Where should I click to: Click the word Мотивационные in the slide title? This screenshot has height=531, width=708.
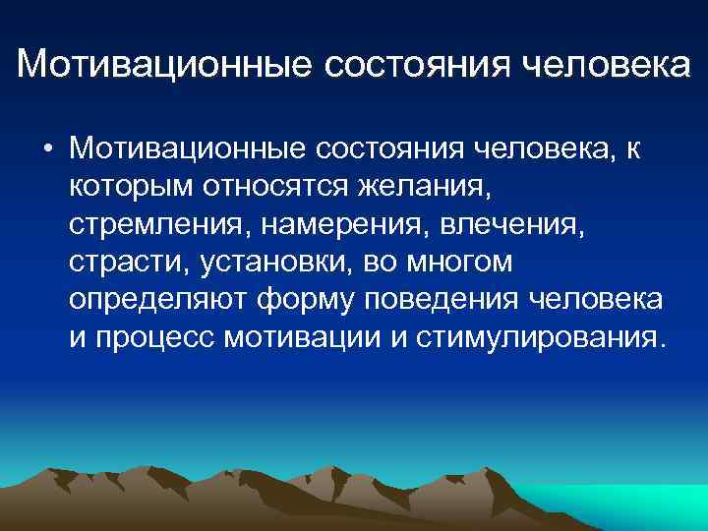click(161, 65)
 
